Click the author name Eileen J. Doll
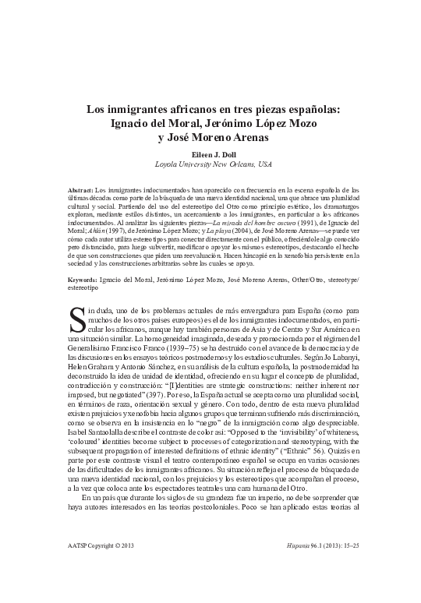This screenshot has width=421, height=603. point(210,154)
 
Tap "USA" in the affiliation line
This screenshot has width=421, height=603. point(264,165)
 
